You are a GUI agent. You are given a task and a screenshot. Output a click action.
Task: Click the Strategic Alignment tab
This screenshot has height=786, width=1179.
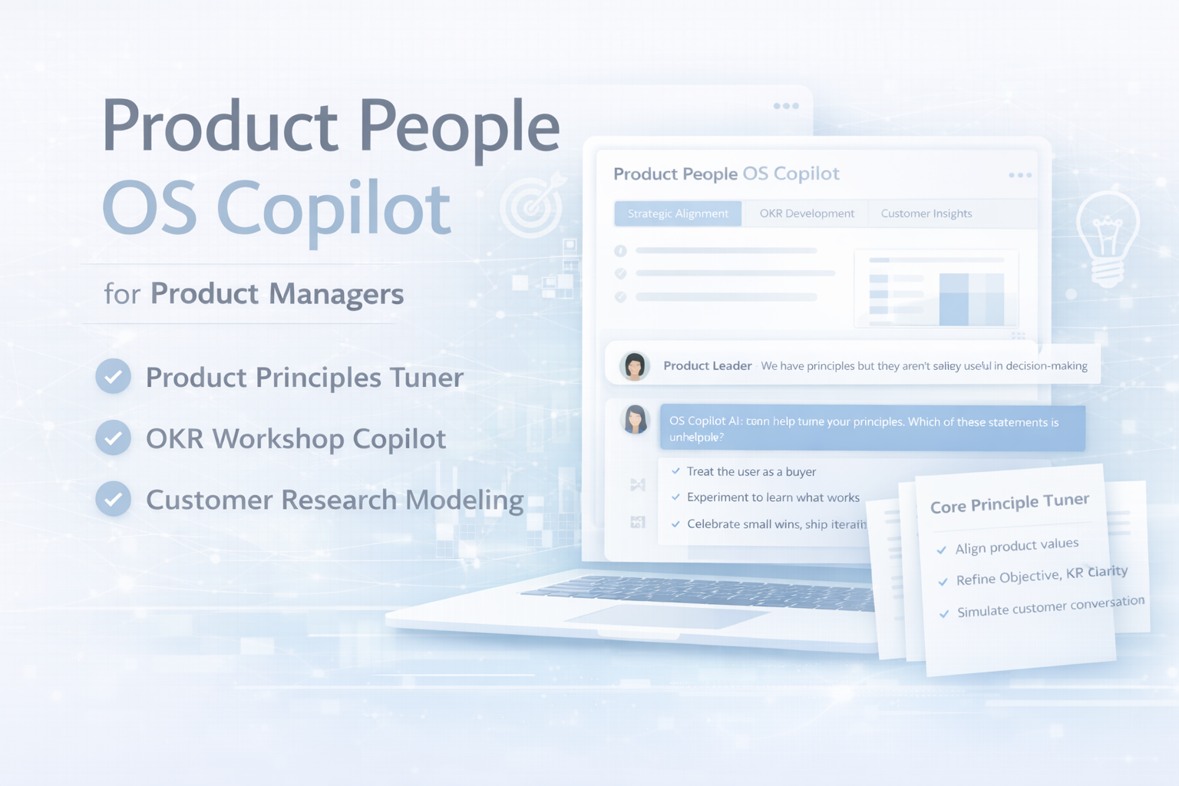678,213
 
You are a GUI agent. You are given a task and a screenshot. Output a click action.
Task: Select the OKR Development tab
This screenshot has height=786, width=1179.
807,213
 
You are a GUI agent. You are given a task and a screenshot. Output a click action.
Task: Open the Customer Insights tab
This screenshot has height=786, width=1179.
926,213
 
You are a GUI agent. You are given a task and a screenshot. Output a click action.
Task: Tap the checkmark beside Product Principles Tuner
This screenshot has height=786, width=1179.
113,376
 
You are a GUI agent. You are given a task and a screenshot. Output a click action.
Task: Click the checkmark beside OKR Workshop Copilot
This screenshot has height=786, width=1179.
113,438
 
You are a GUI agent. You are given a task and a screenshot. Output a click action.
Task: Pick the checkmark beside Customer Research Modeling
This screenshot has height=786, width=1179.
113,499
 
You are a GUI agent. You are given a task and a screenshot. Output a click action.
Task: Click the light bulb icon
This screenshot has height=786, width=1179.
1107,238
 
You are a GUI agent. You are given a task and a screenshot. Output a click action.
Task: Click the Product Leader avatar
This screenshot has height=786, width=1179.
635,366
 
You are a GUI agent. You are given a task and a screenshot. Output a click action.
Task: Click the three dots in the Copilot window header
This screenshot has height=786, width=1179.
1020,176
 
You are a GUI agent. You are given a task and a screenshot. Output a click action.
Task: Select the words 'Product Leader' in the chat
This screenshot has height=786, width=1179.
707,366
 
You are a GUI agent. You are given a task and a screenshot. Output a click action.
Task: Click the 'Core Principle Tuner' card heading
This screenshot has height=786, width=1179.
1009,504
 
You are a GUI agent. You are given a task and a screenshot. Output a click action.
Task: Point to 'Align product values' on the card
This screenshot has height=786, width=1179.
1016,546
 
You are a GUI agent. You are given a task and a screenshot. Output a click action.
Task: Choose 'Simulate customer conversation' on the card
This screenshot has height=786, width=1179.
1050,606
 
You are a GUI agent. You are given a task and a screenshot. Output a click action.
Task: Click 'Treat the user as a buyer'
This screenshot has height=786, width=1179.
751,471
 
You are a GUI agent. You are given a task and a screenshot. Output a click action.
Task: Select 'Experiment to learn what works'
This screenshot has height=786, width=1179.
773,497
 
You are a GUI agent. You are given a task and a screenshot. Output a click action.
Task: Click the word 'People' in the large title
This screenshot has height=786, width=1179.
458,127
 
